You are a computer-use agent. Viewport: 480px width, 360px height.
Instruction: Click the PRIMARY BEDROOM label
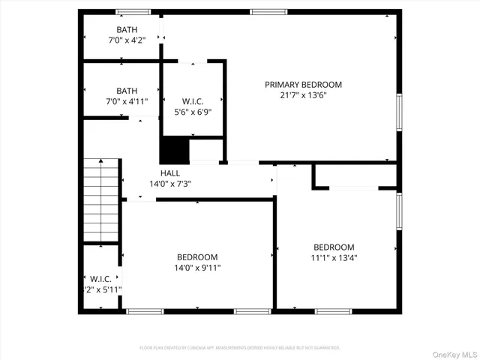[x=303, y=85]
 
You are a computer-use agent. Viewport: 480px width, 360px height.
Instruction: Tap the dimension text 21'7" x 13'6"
[x=303, y=95]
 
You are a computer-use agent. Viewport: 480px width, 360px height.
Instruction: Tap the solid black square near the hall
[x=174, y=150]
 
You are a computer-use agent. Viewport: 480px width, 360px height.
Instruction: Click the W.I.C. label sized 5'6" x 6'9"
[x=193, y=102]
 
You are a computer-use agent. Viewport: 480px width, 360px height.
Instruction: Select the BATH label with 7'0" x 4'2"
[x=127, y=29]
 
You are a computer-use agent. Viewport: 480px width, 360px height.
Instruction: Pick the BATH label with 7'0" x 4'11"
[x=127, y=91]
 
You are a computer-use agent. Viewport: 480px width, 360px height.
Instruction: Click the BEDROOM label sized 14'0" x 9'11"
[x=197, y=256]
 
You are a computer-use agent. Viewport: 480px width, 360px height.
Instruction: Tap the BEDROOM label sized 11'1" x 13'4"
[x=334, y=247]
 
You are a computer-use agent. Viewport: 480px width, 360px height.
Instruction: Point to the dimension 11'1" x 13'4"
[x=334, y=258]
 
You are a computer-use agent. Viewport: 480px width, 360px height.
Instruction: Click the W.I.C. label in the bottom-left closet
[x=101, y=278]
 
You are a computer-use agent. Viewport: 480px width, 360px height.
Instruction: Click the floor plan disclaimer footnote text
[x=240, y=348]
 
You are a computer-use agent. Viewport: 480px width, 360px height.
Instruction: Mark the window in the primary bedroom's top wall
[x=263, y=12]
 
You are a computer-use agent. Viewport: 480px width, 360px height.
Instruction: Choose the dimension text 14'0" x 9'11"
[x=197, y=267]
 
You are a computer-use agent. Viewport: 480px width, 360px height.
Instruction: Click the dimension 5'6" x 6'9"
[x=193, y=112]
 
